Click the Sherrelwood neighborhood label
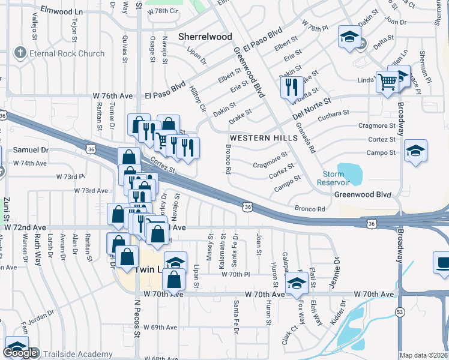[x=205, y=37]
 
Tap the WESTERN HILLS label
[x=263, y=138]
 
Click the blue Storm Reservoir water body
[x=350, y=174]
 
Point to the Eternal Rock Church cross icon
[x=22, y=53]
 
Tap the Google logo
[x=20, y=353]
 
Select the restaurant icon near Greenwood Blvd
[x=292, y=87]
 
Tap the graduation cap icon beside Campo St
[x=415, y=151]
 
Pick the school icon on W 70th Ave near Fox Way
[x=297, y=284]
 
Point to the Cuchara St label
[x=334, y=113]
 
